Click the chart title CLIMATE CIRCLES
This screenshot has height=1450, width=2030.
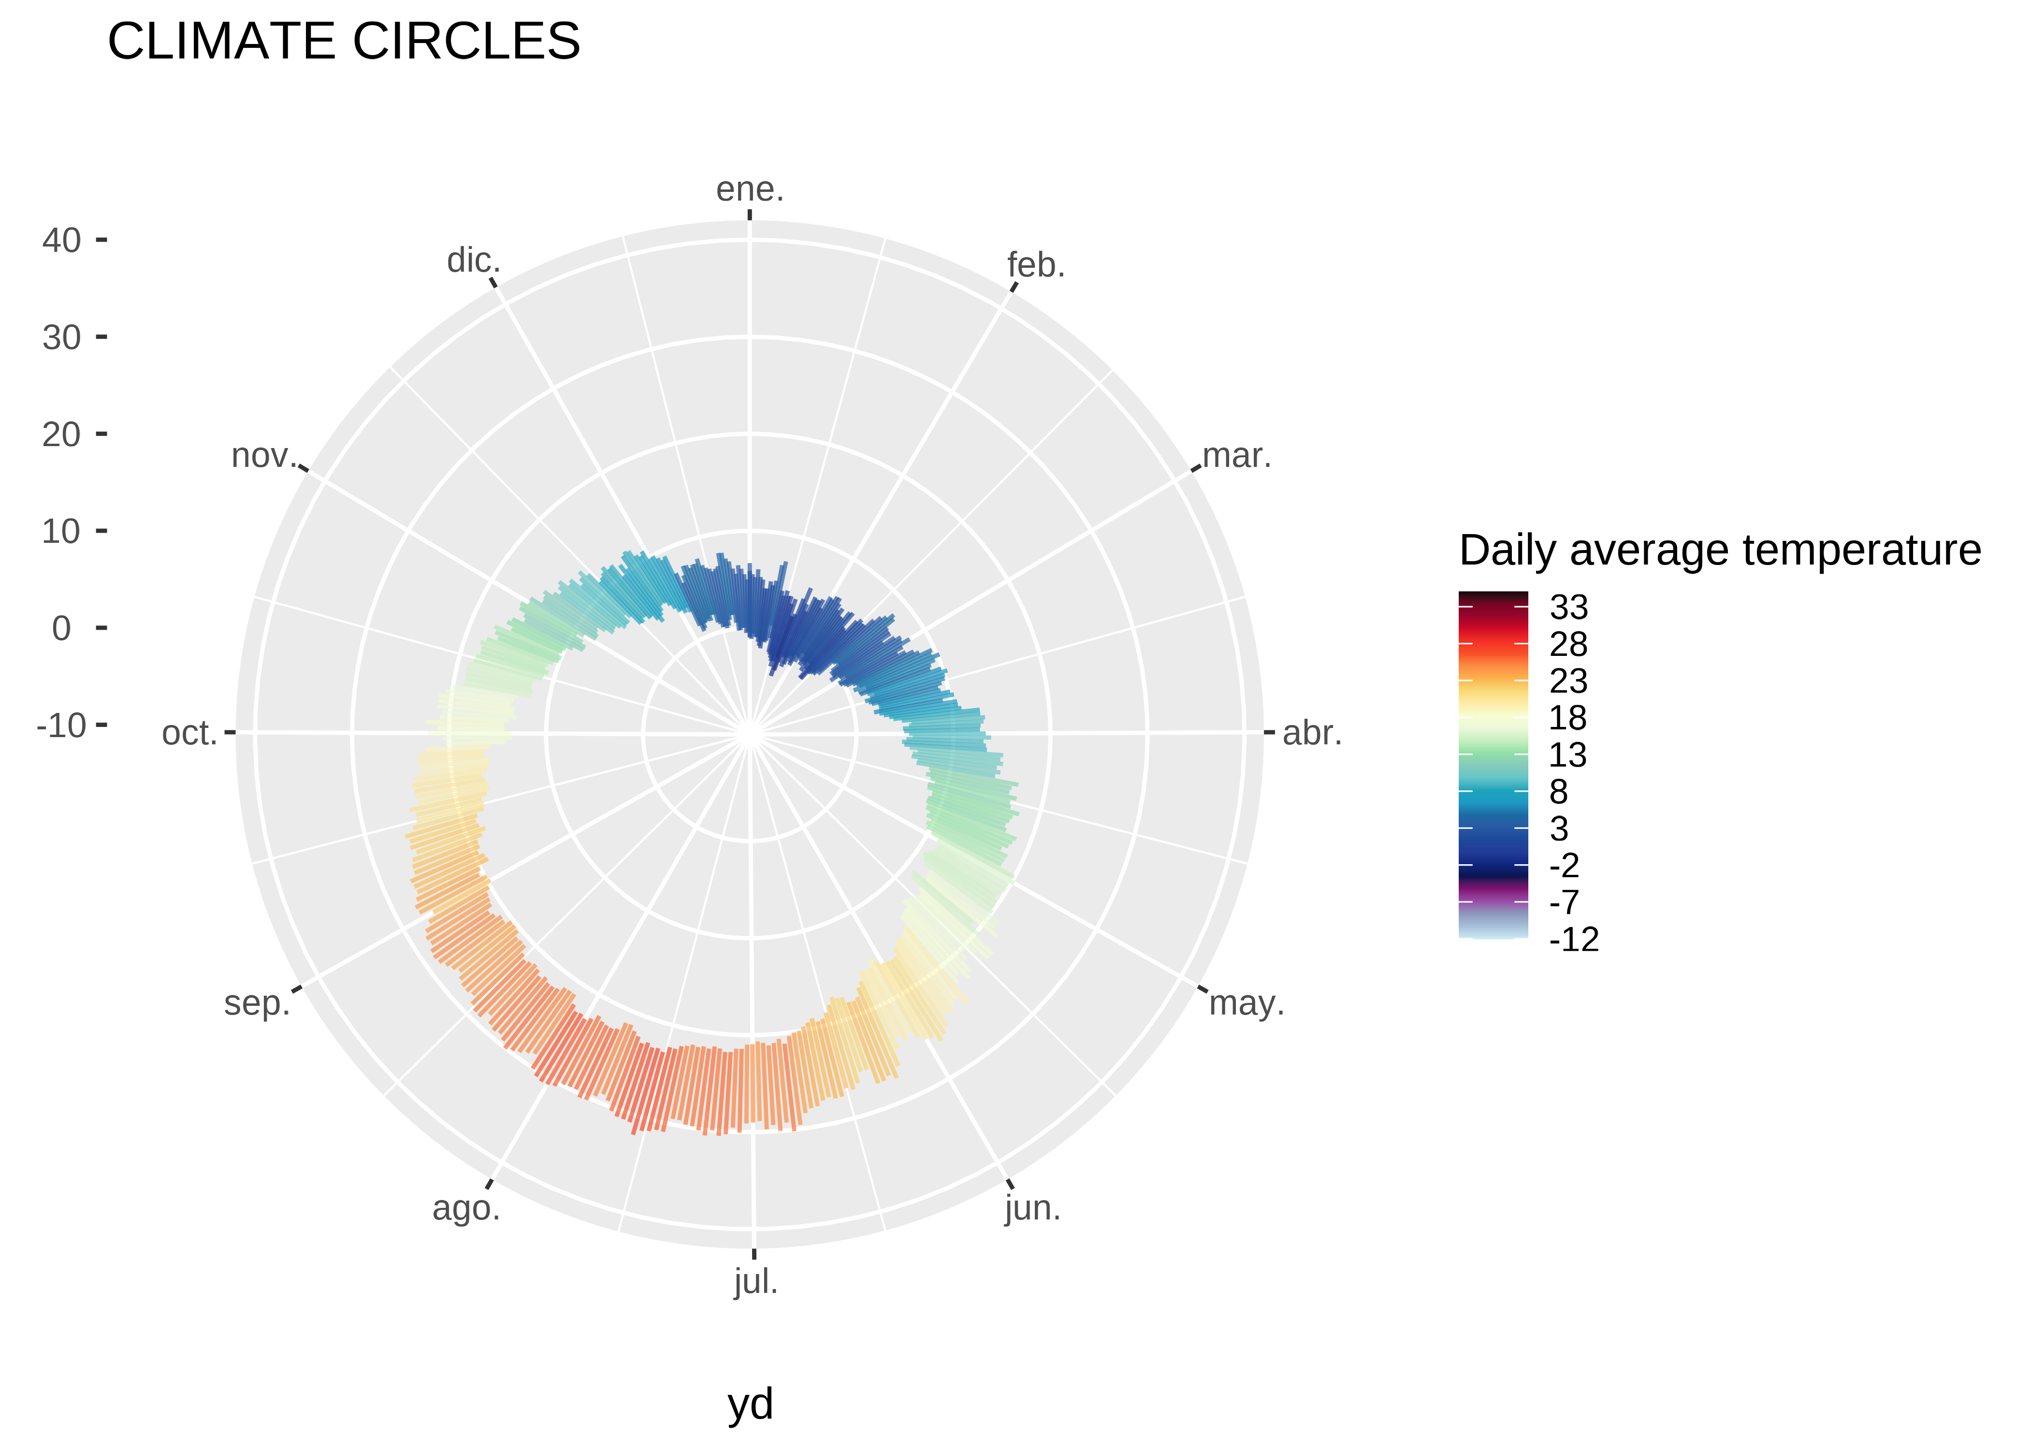(x=344, y=42)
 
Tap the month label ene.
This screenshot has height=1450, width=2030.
(x=750, y=189)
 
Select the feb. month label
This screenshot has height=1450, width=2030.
(x=1035, y=265)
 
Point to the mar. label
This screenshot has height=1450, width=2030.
(x=1236, y=456)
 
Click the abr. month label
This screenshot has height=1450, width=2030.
(x=1311, y=733)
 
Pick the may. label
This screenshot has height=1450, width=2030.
(x=1246, y=1003)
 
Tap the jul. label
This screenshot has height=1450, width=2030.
(x=756, y=1282)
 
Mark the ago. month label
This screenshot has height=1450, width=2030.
(x=466, y=1209)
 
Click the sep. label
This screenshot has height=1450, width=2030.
(x=257, y=1003)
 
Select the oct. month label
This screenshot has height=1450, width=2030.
(x=189, y=733)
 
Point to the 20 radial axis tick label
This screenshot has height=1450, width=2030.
(x=61, y=435)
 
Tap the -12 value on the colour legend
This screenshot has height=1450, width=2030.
(x=1573, y=939)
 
